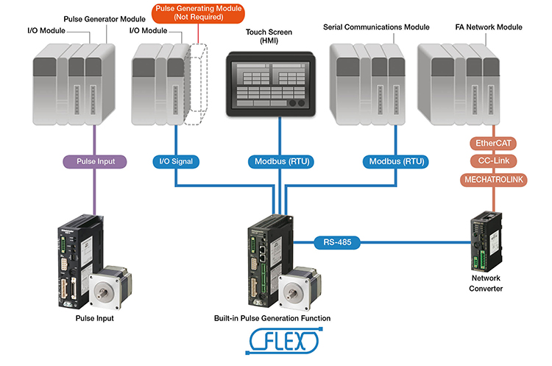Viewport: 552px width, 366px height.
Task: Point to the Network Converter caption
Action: click(x=486, y=284)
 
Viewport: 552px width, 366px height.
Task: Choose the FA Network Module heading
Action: click(x=489, y=27)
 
